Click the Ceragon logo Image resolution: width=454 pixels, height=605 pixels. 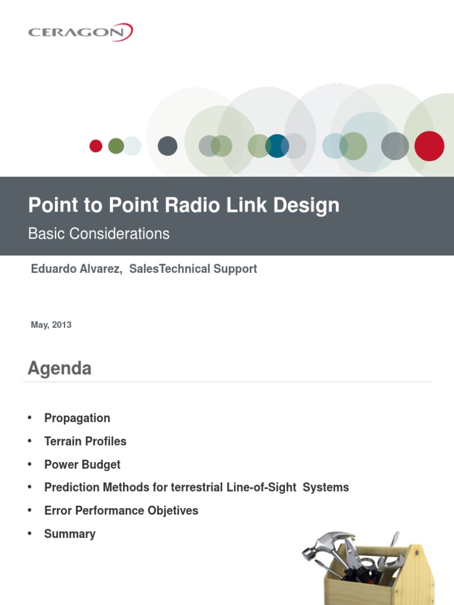pyautogui.click(x=80, y=31)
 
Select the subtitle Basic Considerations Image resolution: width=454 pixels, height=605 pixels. pyautogui.click(x=99, y=234)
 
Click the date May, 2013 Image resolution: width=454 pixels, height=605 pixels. pyautogui.click(x=51, y=325)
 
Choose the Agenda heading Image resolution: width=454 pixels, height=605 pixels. pyautogui.click(x=60, y=369)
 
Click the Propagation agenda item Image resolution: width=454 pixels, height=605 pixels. pyautogui.click(x=77, y=418)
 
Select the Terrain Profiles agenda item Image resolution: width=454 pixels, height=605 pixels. pyautogui.click(x=85, y=441)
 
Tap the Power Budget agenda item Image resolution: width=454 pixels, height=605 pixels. pyautogui.click(x=82, y=464)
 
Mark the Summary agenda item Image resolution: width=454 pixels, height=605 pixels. pyautogui.click(x=70, y=534)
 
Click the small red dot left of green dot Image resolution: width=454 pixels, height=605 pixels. pyautogui.click(x=96, y=146)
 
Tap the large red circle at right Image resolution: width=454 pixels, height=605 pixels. pyautogui.click(x=429, y=146)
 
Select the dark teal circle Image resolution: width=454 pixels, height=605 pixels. pyautogui.click(x=277, y=146)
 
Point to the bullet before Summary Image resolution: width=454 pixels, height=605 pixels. pyautogui.click(x=28, y=534)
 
